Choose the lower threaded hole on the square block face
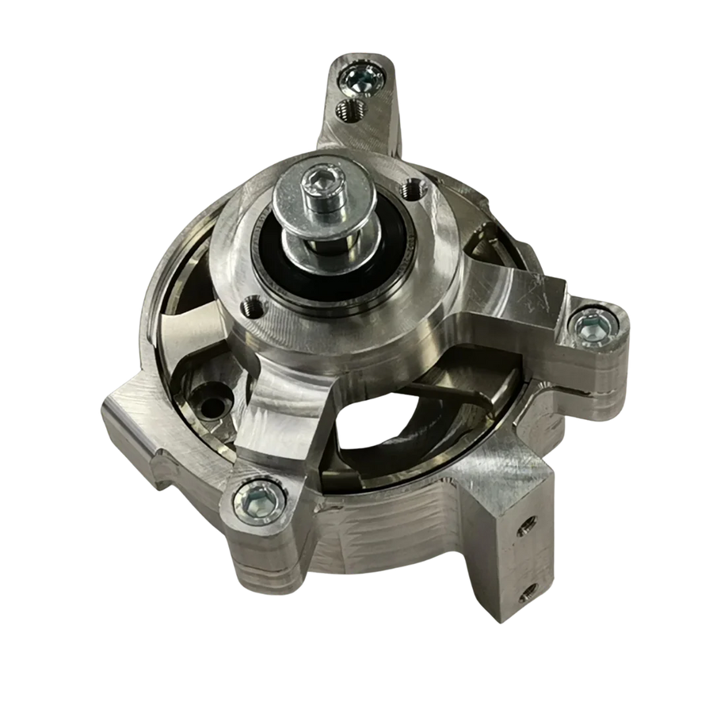(x=526, y=594)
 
